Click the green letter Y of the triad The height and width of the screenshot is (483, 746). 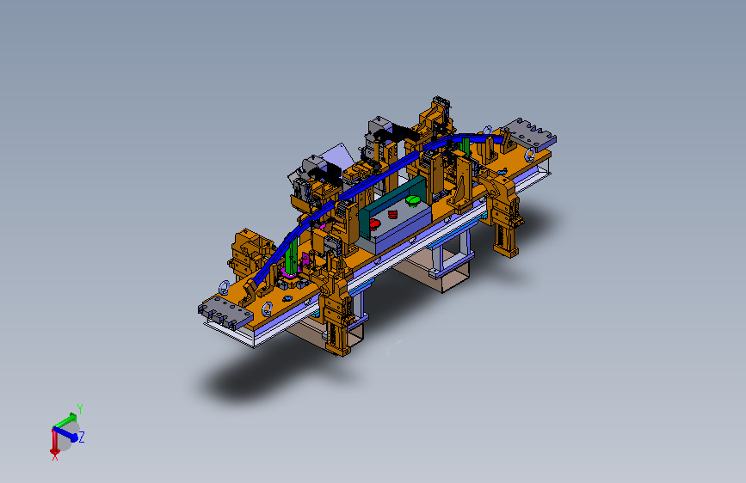click(x=80, y=409)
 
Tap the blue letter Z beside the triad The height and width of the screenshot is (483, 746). click(x=82, y=437)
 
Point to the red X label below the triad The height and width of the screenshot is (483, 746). click(x=55, y=457)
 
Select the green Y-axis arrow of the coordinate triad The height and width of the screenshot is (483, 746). click(x=65, y=421)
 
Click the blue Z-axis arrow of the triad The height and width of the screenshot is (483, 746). click(x=65, y=433)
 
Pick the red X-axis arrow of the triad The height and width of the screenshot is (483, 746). click(x=54, y=441)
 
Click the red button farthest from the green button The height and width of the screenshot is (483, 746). click(x=374, y=223)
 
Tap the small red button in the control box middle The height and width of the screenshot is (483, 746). click(x=392, y=214)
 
